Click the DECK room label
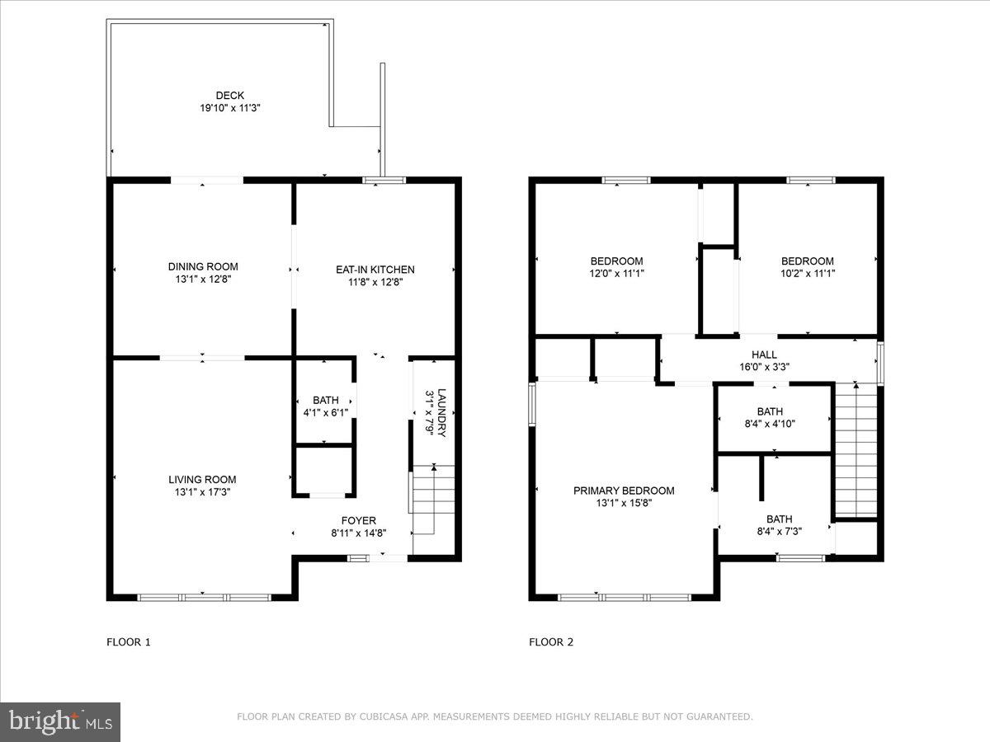(x=219, y=96)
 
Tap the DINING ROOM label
(x=203, y=266)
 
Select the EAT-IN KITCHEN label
(x=375, y=270)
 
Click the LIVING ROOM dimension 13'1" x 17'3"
(x=202, y=492)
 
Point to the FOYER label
(x=359, y=520)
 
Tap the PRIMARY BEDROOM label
(x=624, y=491)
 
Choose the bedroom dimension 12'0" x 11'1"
(x=616, y=274)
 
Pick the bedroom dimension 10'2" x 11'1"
(x=808, y=274)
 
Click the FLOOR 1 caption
(x=129, y=641)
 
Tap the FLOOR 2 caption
(x=551, y=641)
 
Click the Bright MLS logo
(x=60, y=721)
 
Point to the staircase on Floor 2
(x=856, y=451)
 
